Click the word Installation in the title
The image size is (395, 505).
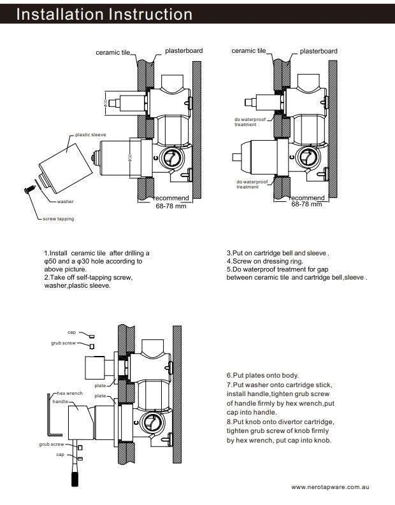click(60, 14)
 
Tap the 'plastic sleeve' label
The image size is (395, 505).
click(90, 135)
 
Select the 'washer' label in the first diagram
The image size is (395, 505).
click(65, 201)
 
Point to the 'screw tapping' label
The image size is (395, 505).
click(58, 219)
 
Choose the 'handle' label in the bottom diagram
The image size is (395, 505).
click(60, 402)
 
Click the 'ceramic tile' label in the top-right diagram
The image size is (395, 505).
click(248, 50)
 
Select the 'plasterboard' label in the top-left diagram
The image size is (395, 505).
click(184, 50)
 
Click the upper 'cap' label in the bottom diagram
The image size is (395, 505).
click(72, 332)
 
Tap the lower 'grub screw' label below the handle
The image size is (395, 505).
click(51, 444)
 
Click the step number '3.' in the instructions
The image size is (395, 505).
click(230, 253)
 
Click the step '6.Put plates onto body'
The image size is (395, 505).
click(262, 376)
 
